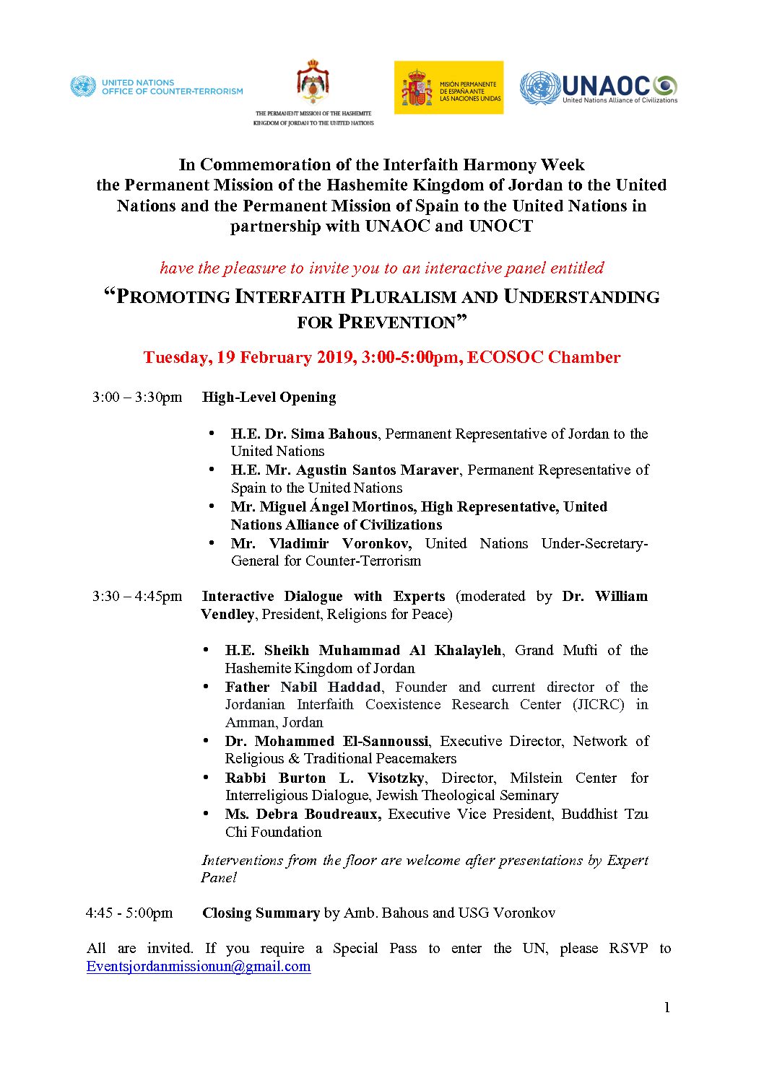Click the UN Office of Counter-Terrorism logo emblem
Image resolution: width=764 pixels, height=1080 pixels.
click(x=83, y=87)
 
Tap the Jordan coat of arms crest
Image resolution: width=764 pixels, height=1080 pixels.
click(x=313, y=83)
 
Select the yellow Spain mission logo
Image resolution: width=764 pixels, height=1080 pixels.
click(x=448, y=87)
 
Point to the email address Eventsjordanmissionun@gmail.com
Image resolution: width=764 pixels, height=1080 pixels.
click(x=199, y=967)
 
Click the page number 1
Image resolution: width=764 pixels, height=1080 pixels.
click(x=667, y=1007)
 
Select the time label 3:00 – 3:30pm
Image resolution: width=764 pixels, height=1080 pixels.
click(x=137, y=398)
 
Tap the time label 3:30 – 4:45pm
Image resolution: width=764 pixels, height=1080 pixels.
click(x=137, y=597)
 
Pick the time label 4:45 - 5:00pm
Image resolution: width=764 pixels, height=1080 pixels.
click(x=129, y=913)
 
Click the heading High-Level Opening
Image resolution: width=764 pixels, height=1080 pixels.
click(x=269, y=398)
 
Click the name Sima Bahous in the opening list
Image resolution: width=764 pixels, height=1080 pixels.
click(x=334, y=434)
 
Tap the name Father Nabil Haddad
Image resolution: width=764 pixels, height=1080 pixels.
click(x=303, y=688)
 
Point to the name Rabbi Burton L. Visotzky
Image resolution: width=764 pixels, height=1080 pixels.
click(x=325, y=778)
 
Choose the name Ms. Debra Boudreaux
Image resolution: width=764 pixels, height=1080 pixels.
click(x=303, y=815)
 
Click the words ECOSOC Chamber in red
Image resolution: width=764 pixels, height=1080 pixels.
click(x=544, y=358)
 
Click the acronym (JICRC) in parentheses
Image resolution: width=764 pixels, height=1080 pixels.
click(x=599, y=705)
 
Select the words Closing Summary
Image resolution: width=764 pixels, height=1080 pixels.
click(x=261, y=913)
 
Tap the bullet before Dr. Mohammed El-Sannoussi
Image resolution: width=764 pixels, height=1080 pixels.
click(x=207, y=741)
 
